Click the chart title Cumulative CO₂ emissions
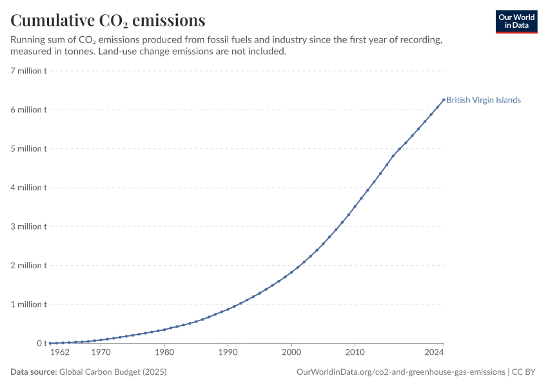pos(108,20)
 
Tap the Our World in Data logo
pos(516,22)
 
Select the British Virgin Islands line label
pos(484,100)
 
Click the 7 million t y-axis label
pos(28,71)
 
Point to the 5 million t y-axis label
pos(28,148)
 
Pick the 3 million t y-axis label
pos(28,226)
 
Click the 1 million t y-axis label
pos(28,304)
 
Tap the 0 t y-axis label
pos(42,343)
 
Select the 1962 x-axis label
pos(60,352)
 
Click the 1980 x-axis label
pos(164,352)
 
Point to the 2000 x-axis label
pos(291,352)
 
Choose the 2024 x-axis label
pos(434,352)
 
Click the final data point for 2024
pos(444,99)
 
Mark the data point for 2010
pos(355,206)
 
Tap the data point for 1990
pos(228,309)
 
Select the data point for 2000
pos(291,272)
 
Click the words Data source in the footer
pos(34,372)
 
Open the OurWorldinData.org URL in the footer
pos(401,372)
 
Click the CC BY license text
pos(524,372)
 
